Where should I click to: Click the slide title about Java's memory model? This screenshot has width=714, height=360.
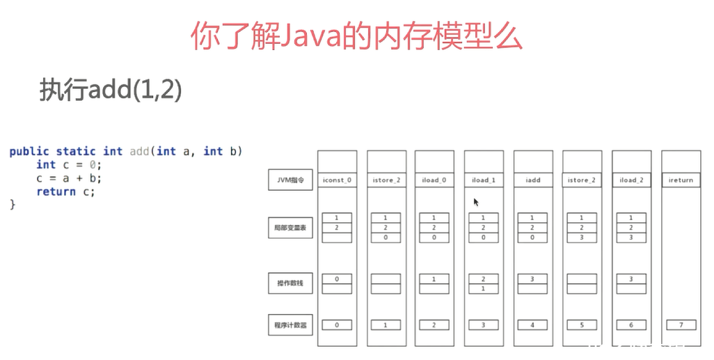click(x=356, y=37)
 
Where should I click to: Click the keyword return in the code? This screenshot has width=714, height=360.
click(x=56, y=191)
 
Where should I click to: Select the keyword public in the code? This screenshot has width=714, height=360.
click(x=29, y=151)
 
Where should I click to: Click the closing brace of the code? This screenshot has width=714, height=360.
click(x=12, y=205)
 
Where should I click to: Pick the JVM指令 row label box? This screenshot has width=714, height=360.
click(x=290, y=180)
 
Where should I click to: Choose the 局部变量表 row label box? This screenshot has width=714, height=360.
click(x=290, y=228)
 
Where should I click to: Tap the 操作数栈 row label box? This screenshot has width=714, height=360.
click(x=290, y=283)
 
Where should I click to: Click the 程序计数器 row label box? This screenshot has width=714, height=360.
click(x=290, y=324)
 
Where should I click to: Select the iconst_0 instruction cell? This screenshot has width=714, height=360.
click(x=337, y=180)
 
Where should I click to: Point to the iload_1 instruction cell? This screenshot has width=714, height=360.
click(x=484, y=180)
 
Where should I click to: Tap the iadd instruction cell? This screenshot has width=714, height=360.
click(x=533, y=180)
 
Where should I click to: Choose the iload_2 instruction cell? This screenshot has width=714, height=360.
click(x=631, y=180)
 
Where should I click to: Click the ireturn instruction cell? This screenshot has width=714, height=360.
click(x=681, y=180)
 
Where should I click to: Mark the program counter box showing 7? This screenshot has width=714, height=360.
click(x=681, y=324)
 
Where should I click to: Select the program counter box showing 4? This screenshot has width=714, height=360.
click(x=533, y=324)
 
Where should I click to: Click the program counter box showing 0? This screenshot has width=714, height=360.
click(x=337, y=324)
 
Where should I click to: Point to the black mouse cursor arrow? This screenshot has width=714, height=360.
click(x=476, y=202)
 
